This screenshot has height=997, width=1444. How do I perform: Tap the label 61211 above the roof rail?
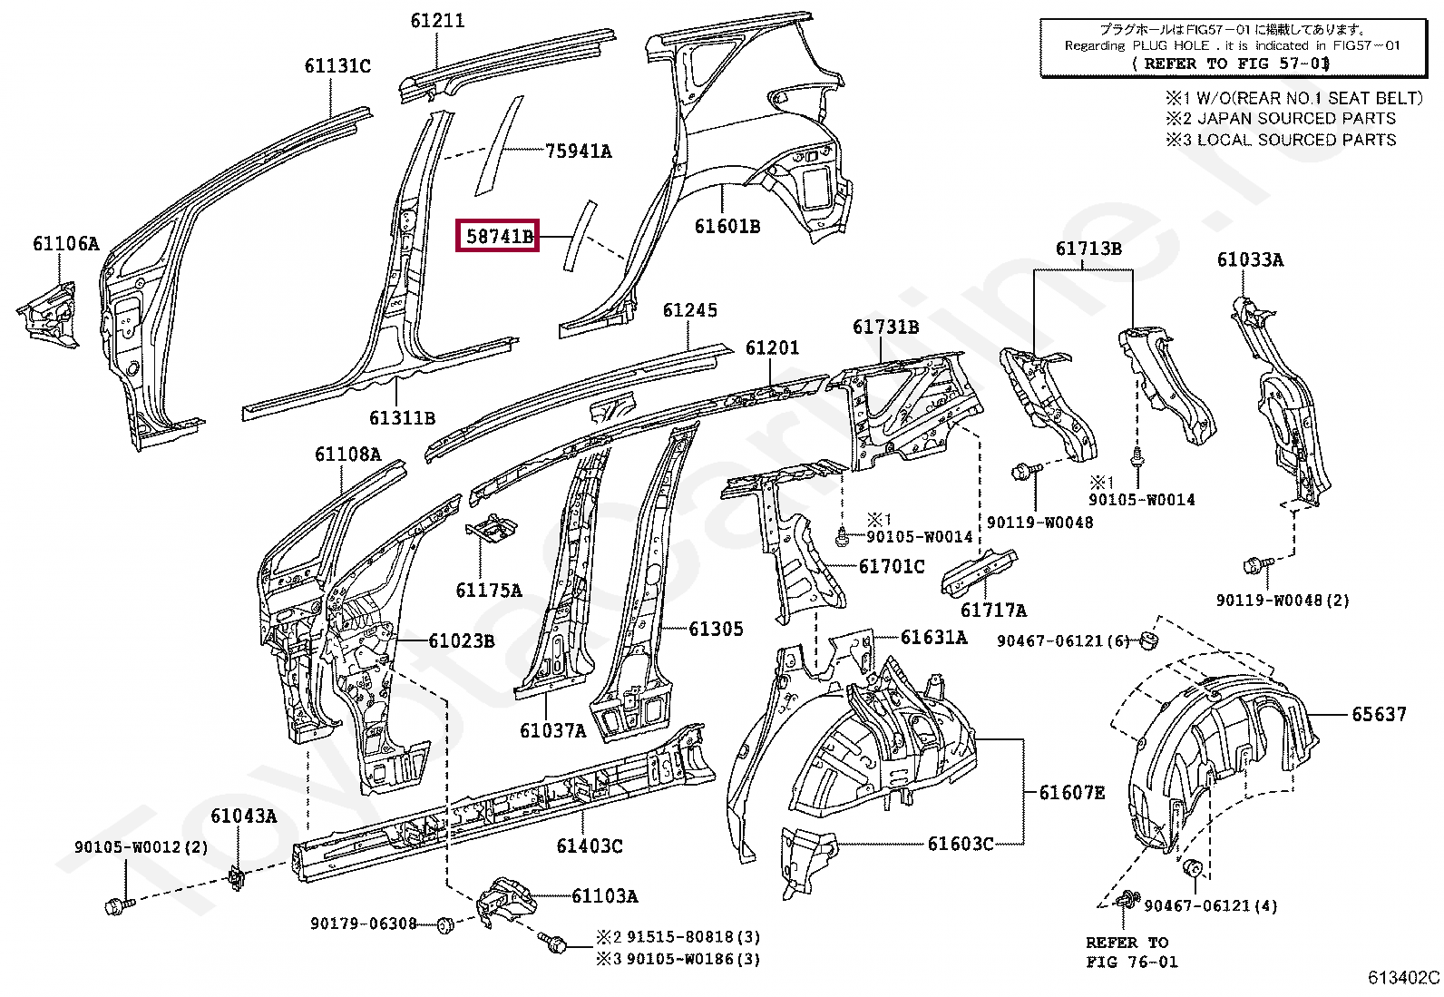click(x=437, y=21)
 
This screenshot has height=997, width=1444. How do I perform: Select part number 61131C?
click(x=337, y=66)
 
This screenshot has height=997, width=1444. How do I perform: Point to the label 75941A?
click(x=579, y=151)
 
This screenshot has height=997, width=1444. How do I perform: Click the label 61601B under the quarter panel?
click(x=727, y=227)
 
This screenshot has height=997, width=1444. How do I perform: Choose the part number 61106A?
click(x=66, y=244)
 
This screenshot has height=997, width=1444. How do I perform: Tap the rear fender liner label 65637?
click(x=1379, y=715)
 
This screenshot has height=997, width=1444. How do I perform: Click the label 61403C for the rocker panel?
click(x=590, y=845)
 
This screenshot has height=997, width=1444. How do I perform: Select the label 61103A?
click(x=605, y=895)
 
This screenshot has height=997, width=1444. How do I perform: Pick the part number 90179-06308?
click(x=364, y=924)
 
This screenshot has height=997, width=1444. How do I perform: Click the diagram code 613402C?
click(x=1403, y=978)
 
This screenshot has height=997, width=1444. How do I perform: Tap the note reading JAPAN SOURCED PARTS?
click(x=1296, y=119)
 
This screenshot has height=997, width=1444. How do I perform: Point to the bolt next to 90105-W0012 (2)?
click(x=120, y=906)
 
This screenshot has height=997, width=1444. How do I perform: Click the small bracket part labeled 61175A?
click(x=492, y=527)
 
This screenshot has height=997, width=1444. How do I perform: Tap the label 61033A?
click(x=1250, y=259)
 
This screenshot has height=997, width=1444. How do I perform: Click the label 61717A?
click(x=993, y=610)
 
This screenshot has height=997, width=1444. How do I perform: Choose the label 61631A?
click(x=933, y=637)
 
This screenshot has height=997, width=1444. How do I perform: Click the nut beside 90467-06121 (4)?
click(x=1194, y=868)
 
